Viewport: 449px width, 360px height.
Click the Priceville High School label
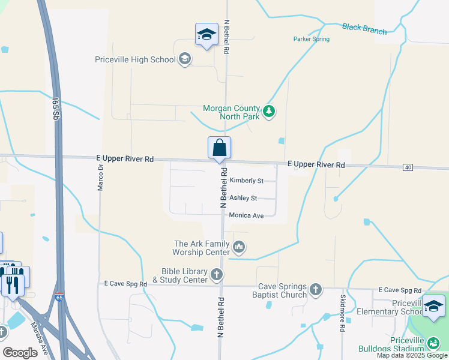135,59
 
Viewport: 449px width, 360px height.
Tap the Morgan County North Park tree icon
270,112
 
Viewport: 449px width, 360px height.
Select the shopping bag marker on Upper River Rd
219,148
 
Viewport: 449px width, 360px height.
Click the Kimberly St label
246,181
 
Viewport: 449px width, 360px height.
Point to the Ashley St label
243,198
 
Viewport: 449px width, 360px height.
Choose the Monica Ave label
246,215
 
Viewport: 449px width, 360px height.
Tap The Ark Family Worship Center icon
239,247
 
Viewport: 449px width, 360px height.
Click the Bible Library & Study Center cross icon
217,275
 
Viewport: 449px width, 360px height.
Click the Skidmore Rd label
343,314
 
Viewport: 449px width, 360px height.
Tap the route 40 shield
408,167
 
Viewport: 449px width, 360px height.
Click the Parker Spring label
311,39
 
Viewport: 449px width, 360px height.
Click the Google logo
20,353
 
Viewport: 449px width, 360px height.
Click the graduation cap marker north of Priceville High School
206,35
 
